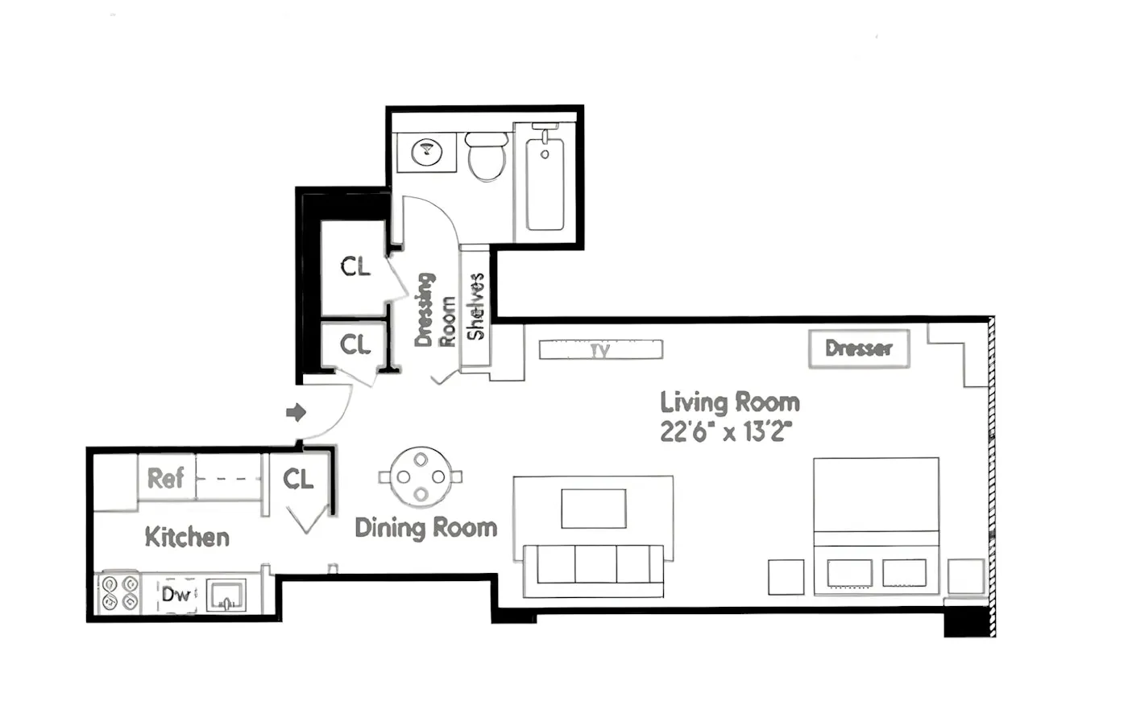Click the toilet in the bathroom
click(x=487, y=157)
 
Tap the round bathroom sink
click(x=427, y=151)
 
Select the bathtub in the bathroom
click(x=545, y=184)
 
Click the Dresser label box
click(x=859, y=348)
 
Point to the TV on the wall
click(x=600, y=349)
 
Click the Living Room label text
click(x=730, y=402)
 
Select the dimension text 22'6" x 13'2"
click(x=726, y=432)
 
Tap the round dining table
click(x=421, y=477)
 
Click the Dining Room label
click(x=425, y=528)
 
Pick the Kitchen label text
click(x=187, y=537)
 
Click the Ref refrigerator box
click(x=166, y=478)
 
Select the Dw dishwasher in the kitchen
click(x=176, y=595)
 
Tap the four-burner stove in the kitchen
click(x=118, y=593)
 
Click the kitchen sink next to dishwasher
click(x=226, y=596)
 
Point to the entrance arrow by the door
click(x=296, y=413)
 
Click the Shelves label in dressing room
click(x=475, y=306)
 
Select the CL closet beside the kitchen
click(x=298, y=480)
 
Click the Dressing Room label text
click(x=435, y=311)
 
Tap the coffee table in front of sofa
click(x=594, y=509)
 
